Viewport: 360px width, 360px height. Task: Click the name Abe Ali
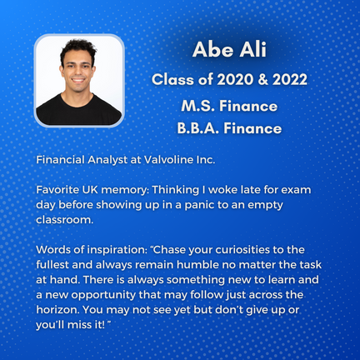coord(229,50)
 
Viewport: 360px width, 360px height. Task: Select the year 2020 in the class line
coord(235,80)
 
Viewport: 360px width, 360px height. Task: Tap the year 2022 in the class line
coord(290,80)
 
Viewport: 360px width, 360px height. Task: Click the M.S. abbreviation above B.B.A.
coord(197,106)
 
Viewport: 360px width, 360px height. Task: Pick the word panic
coord(199,205)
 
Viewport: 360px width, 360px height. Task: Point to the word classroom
coord(65,220)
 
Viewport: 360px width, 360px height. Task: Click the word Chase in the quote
coord(169,250)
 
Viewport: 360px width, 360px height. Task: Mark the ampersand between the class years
coord(262,80)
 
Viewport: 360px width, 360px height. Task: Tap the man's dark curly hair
coord(78,49)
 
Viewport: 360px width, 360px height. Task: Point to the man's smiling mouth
coord(78,81)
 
